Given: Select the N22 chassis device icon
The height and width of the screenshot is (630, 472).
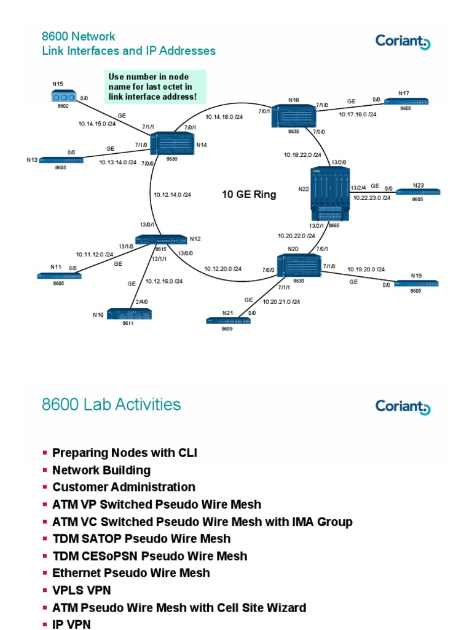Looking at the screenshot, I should click(x=330, y=193).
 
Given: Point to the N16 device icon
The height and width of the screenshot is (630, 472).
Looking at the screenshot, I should click(x=129, y=314).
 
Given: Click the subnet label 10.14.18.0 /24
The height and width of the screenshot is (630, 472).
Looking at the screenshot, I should click(x=224, y=116).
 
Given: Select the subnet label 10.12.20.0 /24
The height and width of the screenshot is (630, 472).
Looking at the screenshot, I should click(x=222, y=268).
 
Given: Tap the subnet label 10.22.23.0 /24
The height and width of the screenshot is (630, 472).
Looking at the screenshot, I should click(x=372, y=197).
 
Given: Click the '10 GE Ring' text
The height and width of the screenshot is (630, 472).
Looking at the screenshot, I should click(x=249, y=195).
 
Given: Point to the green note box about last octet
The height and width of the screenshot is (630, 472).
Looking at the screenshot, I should click(x=155, y=87).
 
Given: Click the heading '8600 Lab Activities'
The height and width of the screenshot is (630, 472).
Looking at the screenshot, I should click(x=111, y=404).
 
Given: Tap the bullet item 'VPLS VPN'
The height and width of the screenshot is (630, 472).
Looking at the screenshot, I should click(x=81, y=590).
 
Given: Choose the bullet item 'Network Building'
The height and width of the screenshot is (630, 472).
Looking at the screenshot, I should click(x=101, y=470).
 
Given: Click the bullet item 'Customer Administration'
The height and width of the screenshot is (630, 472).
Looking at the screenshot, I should click(x=124, y=487).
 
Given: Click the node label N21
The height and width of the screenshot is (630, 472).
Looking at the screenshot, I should click(x=228, y=313).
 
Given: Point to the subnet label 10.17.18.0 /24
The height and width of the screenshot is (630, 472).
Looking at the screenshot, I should click(x=358, y=114).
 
